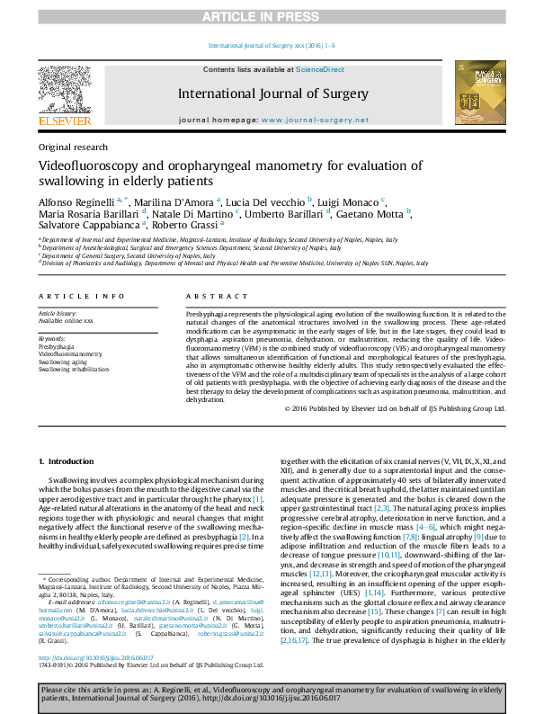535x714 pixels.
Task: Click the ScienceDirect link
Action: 320,69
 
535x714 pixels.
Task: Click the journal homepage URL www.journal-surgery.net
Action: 326,120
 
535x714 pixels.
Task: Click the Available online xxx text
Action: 66,321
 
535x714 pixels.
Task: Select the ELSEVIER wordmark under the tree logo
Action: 64,120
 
